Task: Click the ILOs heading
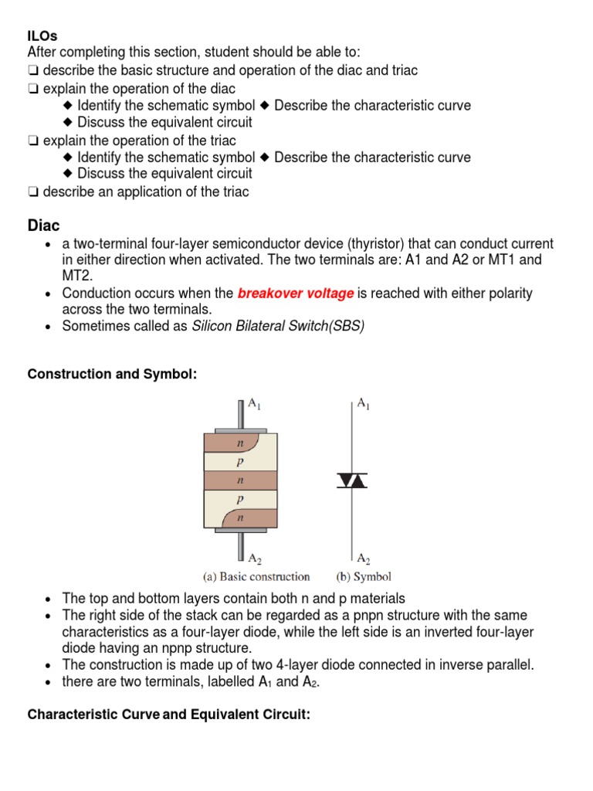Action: tap(42, 36)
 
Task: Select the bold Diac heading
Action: tap(43, 226)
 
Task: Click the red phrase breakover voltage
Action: tap(296, 294)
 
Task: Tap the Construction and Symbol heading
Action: tap(112, 374)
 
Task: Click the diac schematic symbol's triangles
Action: tap(352, 480)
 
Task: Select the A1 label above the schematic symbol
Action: tap(363, 403)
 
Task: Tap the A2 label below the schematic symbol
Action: tap(363, 556)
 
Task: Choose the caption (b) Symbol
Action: tap(364, 576)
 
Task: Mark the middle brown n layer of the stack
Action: tap(239, 480)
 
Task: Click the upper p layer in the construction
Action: tap(239, 462)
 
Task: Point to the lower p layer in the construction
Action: tap(239, 499)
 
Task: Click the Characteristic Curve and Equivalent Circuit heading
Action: tap(168, 715)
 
